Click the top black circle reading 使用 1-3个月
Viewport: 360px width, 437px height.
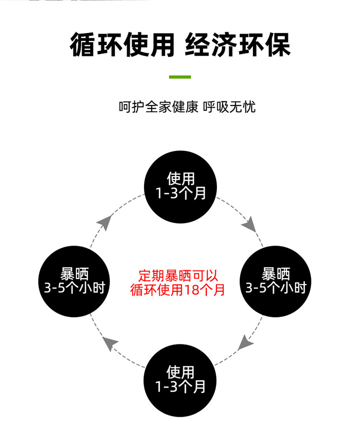[180, 187]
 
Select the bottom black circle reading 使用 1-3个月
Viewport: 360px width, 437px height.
[180, 379]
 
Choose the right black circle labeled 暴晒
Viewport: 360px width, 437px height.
[276, 281]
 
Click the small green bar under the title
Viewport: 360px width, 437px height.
[180, 77]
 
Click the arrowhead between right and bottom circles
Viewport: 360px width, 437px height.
[246, 342]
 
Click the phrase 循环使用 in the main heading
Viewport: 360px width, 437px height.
[122, 46]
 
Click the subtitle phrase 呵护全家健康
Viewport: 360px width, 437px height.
[158, 106]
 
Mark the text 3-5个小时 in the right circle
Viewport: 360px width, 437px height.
[276, 288]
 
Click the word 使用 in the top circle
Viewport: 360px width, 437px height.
[180, 179]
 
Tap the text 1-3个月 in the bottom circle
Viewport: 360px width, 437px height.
[180, 387]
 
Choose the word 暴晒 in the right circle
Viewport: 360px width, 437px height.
[276, 274]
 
